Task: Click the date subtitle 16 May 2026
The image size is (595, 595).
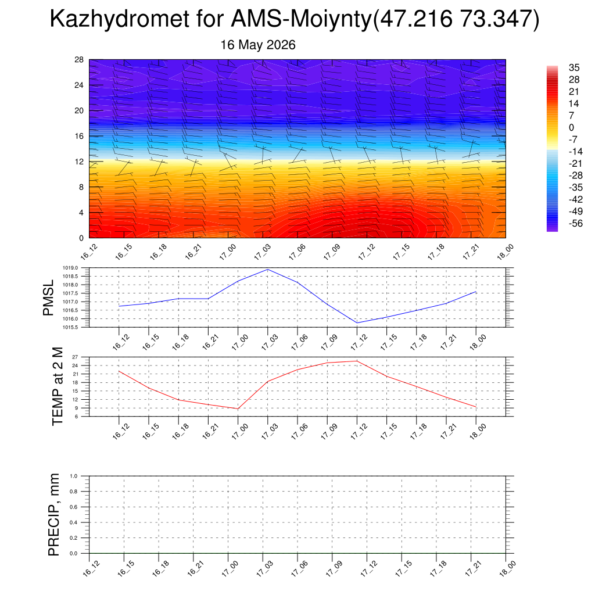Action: (258, 45)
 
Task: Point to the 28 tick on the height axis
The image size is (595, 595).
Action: (79, 60)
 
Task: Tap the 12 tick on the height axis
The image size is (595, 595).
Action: (79, 162)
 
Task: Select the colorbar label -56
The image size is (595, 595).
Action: (576, 223)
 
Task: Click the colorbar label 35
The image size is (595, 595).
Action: (574, 67)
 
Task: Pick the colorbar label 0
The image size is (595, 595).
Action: (572, 127)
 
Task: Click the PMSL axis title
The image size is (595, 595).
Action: (48, 298)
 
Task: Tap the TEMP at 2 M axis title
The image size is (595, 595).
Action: (57, 386)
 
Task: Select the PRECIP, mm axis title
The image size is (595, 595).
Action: (54, 515)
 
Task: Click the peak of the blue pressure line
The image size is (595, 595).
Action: (268, 270)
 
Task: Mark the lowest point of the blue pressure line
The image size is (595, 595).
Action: (357, 323)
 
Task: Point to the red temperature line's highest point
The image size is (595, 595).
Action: (357, 361)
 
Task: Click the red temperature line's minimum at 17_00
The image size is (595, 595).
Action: (238, 408)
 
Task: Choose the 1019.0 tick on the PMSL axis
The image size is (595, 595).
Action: (70, 268)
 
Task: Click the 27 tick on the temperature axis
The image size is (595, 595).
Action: (75, 357)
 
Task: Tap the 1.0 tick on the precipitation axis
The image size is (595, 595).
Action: (74, 476)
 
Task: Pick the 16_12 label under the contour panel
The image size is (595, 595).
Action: (89, 252)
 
